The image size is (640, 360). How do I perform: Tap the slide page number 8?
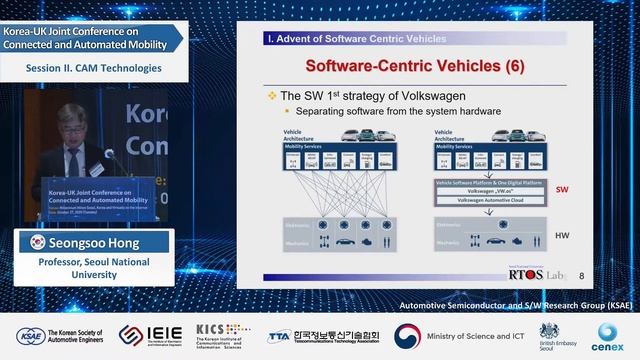point(582,274)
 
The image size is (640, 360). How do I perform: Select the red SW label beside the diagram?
point(562,188)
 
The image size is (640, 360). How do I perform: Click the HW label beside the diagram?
point(562,235)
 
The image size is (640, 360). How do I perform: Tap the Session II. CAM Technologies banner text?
point(93,68)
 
